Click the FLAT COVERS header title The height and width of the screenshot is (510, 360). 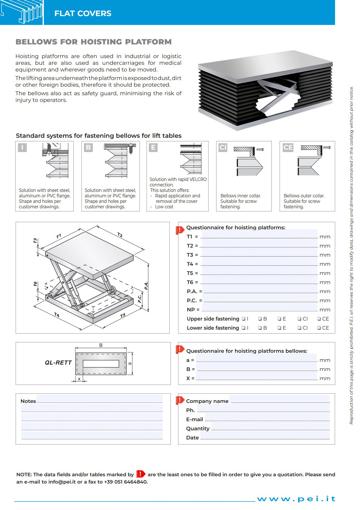point(83,13)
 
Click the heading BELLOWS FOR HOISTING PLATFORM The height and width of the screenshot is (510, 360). point(93,42)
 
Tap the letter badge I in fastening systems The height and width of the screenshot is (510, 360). point(22,147)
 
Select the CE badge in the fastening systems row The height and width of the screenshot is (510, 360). point(288,147)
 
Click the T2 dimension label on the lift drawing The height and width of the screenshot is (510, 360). point(120,235)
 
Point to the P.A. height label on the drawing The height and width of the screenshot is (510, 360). point(146,286)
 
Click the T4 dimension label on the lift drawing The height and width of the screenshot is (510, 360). point(57,315)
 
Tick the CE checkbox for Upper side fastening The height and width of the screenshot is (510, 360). point(319,319)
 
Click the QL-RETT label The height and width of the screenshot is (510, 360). point(58,363)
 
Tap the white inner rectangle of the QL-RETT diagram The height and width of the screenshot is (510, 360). point(101,363)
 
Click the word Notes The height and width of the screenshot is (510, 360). point(28,401)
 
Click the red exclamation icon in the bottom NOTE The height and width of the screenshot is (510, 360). point(141,474)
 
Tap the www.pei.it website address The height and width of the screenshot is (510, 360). point(296,499)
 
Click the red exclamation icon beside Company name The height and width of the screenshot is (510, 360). point(180,400)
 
